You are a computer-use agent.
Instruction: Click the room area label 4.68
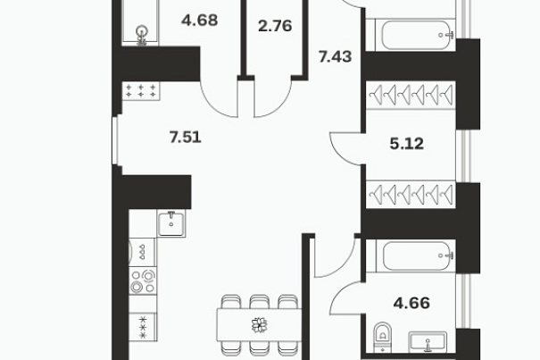200,21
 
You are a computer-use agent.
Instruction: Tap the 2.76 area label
275,26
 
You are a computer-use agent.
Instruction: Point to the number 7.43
335,56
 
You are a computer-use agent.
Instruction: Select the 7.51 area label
186,138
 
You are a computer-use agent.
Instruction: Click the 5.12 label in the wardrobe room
407,144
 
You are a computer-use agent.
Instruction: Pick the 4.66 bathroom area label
411,303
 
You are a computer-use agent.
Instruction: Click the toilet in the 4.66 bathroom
382,338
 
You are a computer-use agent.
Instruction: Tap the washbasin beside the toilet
428,342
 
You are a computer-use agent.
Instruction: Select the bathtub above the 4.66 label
416,255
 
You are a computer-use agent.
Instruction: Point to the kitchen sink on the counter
171,223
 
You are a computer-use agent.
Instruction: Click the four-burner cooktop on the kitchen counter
143,280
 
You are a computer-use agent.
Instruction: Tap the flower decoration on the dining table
260,325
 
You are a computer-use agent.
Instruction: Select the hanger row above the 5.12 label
411,94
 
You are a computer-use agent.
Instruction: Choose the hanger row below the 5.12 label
411,194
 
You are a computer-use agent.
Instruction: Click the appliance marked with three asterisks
143,327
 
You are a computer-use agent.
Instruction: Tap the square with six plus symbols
140,91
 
